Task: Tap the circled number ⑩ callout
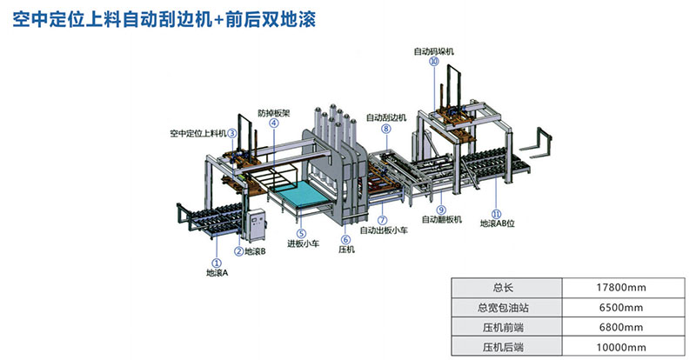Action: pyautogui.click(x=433, y=63)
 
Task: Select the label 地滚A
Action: pyautogui.click(x=217, y=272)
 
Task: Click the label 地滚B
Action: pyautogui.click(x=256, y=252)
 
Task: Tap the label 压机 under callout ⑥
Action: pyautogui.click(x=345, y=251)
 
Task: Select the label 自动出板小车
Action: pyautogui.click(x=385, y=231)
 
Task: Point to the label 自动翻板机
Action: pyautogui.click(x=441, y=221)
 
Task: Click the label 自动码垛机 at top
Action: pyautogui.click(x=432, y=51)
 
